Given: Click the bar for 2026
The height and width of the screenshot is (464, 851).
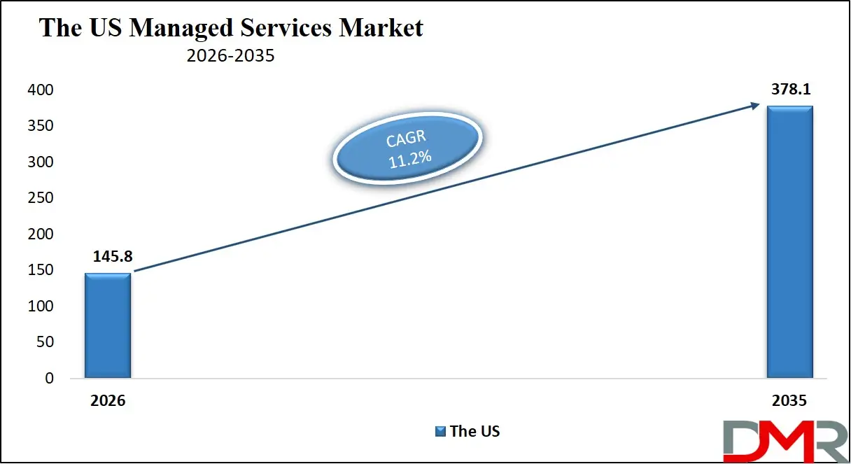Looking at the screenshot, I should (108, 325).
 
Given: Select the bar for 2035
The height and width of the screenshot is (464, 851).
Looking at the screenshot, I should (789, 242).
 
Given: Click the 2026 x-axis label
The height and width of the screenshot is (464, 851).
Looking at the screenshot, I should (107, 401).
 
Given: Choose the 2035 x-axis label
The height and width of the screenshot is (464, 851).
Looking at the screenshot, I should (790, 401).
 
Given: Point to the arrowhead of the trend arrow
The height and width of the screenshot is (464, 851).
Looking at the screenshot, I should (757, 106).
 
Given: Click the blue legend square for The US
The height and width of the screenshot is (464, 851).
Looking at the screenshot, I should (440, 431).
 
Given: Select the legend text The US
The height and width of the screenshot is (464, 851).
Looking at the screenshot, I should (475, 431).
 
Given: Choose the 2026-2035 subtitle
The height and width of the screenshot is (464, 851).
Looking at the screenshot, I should (230, 56).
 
